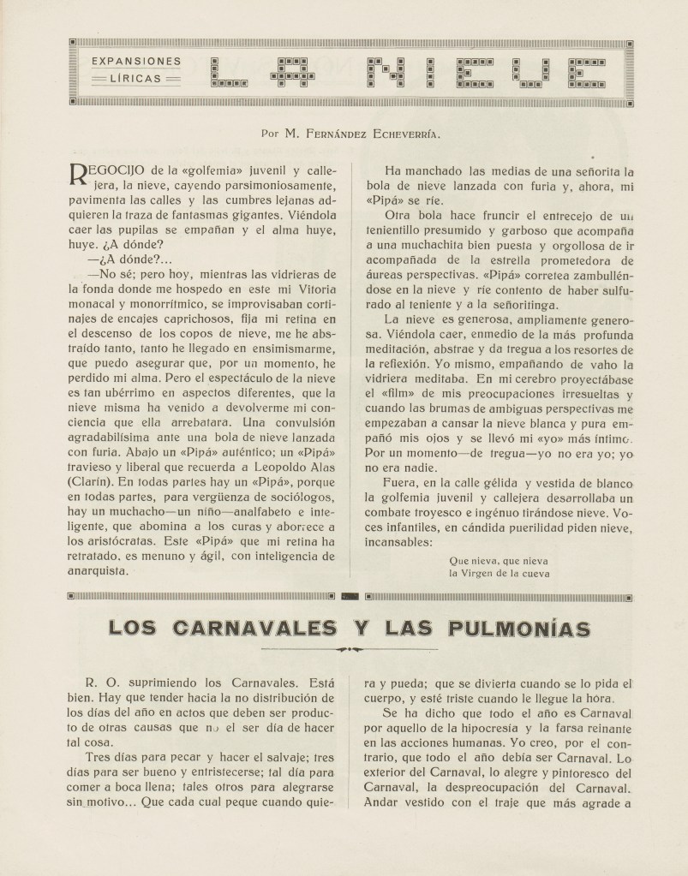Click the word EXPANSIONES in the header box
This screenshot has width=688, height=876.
click(135, 62)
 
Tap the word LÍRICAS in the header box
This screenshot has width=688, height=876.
click(136, 79)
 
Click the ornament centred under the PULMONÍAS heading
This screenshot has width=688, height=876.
click(346, 649)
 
